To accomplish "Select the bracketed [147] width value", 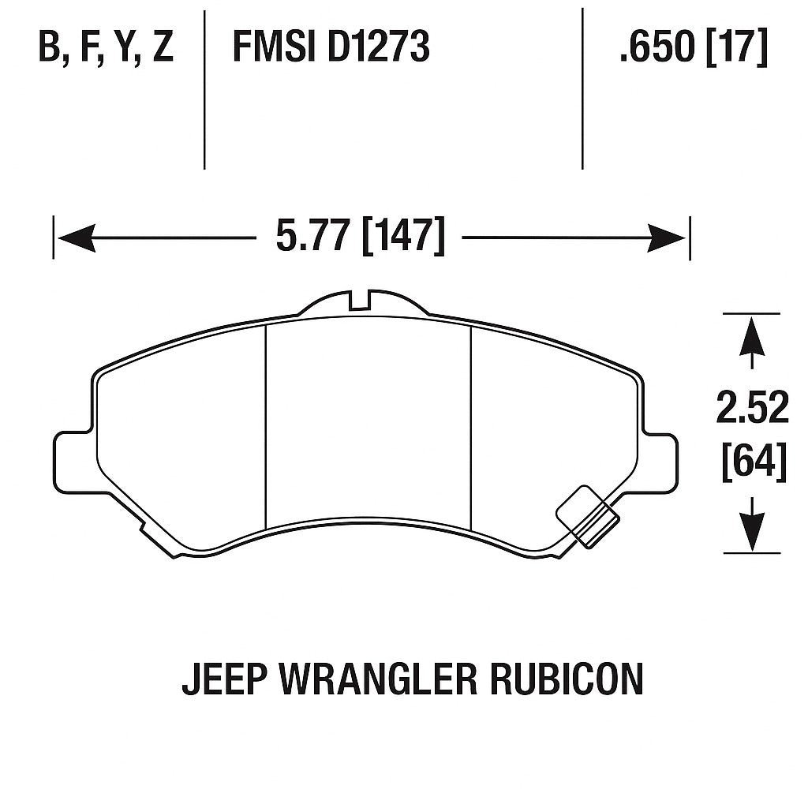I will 403,236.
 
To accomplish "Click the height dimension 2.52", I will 752,408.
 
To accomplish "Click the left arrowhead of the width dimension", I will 75,238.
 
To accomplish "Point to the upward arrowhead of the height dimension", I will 752,336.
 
